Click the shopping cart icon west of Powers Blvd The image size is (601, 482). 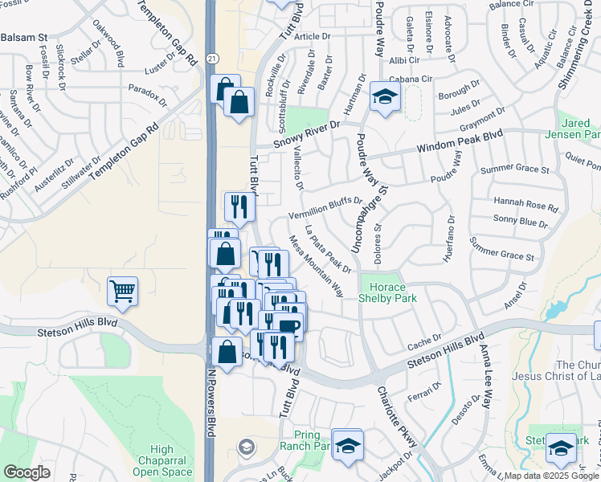coord(122,291)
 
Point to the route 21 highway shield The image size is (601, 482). coord(211,59)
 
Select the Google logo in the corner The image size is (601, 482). coord(27,472)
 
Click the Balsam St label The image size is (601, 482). coord(25,37)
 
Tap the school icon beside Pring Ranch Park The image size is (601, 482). coord(347,445)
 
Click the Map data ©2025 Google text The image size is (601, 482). coord(551,476)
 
